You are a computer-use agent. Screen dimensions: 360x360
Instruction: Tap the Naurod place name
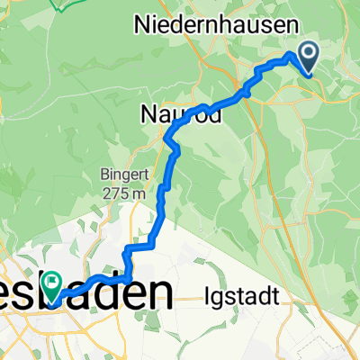(180, 114)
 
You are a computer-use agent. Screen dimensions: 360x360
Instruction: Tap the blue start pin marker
(308, 58)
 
